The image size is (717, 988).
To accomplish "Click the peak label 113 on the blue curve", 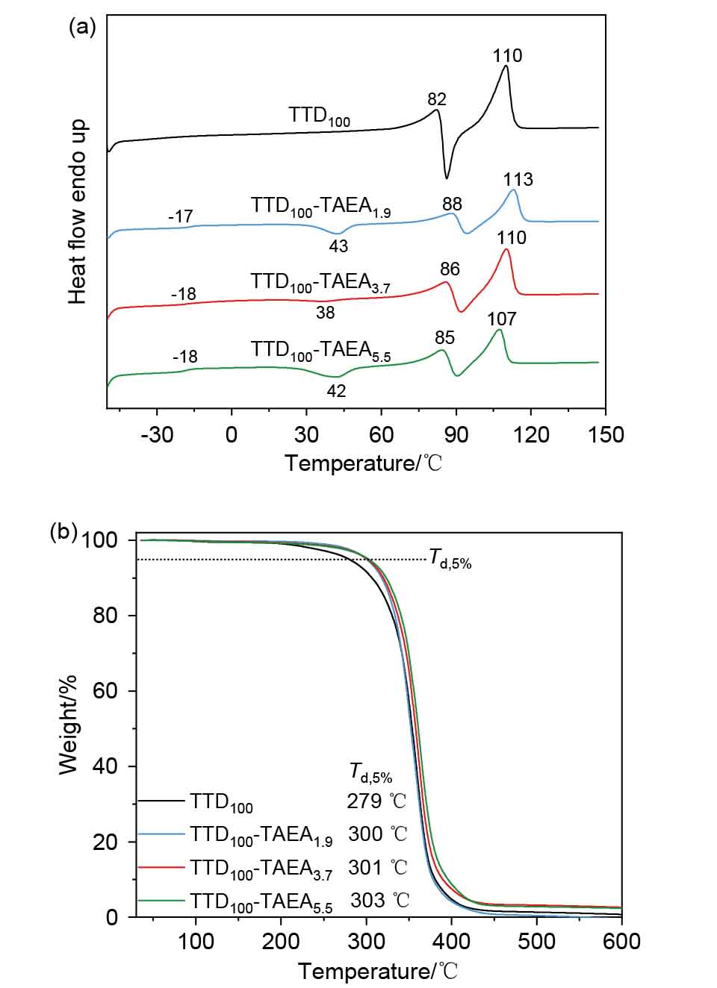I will point(518,179).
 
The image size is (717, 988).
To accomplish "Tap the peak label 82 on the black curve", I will point(437,99).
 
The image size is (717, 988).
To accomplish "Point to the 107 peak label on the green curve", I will point(501,319).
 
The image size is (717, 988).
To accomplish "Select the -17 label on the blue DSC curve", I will point(180,216).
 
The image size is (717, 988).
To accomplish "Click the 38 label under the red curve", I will point(325,313).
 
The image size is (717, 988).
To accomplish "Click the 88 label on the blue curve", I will point(452,204).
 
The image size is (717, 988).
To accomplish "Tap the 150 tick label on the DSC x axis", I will point(605,434).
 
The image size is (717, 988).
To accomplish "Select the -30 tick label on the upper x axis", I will point(157,434).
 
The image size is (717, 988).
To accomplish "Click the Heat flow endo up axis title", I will point(78,212).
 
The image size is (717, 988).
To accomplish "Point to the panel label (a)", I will point(82,28).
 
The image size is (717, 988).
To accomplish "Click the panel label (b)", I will point(63,531).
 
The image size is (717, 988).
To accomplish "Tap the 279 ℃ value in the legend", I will point(376,801).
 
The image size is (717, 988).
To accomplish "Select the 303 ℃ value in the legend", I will point(379,901).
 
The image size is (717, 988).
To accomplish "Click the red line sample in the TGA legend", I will point(161,867).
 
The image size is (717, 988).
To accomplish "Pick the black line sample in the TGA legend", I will point(161,801).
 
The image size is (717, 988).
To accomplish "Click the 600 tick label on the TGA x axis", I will point(621,941).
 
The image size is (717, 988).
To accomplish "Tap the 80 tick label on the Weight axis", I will point(105,616).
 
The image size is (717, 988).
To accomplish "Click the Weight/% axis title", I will point(68,725).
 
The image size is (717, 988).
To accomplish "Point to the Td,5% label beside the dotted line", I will point(450,558).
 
